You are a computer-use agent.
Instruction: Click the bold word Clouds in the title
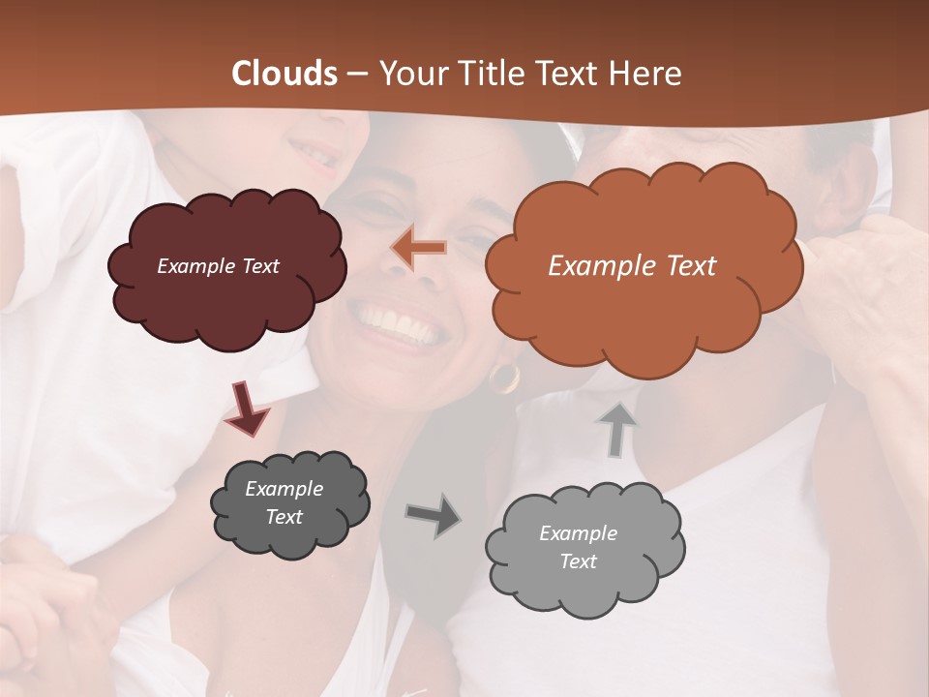[285, 74]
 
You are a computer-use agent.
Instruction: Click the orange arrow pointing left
[418, 249]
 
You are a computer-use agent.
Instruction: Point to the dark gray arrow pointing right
[433, 516]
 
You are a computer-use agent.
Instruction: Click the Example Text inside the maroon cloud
[218, 266]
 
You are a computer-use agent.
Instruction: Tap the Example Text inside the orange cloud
[632, 266]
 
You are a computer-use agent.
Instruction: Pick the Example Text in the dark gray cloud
[284, 503]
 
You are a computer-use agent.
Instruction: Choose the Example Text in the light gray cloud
[578, 548]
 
